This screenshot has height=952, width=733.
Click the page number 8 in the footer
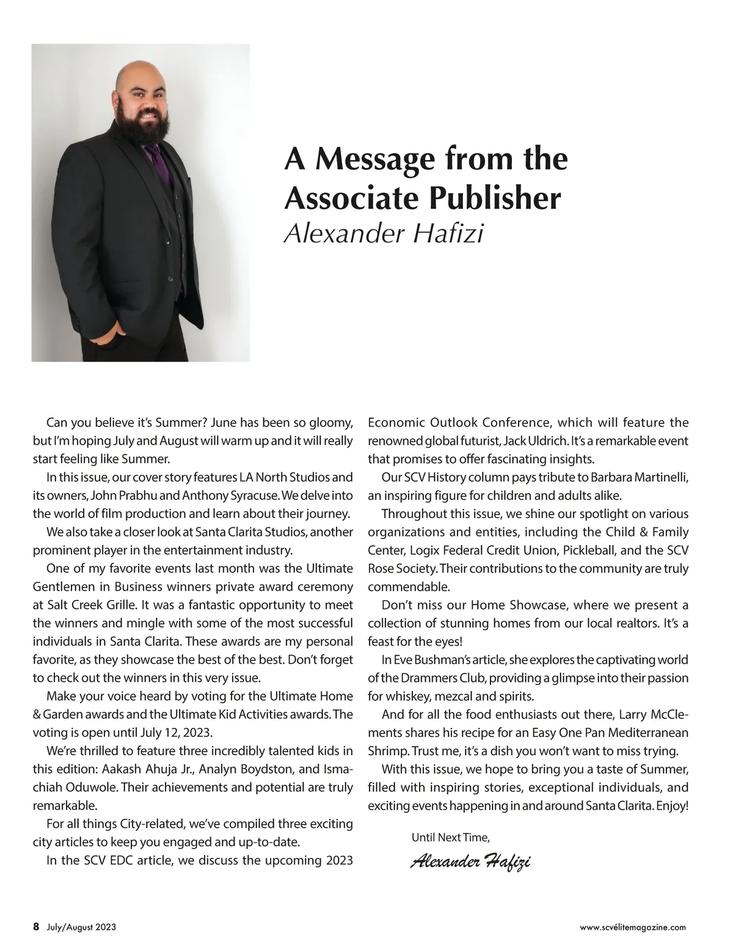(36, 926)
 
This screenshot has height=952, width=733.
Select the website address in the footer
(632, 927)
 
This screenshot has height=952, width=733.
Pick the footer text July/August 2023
(82, 927)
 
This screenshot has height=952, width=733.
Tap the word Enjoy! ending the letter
(673, 805)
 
